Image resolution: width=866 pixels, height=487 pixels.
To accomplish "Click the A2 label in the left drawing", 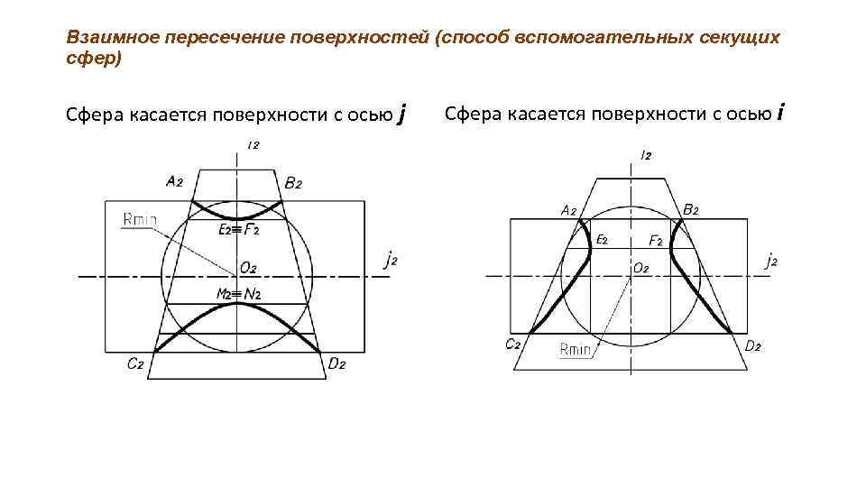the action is click(x=175, y=180).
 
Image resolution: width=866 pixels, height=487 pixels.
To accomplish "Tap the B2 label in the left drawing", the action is click(x=293, y=183).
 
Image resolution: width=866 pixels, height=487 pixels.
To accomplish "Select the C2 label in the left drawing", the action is click(x=136, y=364).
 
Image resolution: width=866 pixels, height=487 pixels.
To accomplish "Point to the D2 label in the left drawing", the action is click(x=337, y=364).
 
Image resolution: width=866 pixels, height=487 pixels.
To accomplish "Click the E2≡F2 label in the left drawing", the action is click(x=239, y=230).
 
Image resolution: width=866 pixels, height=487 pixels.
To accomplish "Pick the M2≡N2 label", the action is click(x=238, y=294).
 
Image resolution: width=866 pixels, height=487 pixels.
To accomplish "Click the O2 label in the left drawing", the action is click(x=247, y=268).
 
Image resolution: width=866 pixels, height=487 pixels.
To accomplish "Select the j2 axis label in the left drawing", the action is click(x=391, y=262).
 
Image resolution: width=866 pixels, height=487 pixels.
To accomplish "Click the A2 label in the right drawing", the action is click(x=568, y=210).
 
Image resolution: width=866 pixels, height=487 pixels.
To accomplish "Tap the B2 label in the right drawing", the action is click(x=691, y=209).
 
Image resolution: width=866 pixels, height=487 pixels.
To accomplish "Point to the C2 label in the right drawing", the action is click(x=513, y=344).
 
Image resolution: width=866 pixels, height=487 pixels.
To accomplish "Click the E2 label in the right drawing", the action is click(x=601, y=240).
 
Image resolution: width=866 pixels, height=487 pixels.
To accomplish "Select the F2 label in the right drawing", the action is click(x=656, y=241).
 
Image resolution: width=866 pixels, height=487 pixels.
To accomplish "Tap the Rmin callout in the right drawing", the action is click(x=576, y=349).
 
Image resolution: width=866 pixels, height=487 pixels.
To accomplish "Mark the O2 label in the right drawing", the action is click(x=640, y=268).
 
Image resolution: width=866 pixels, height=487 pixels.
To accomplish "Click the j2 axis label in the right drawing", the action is click(x=771, y=262).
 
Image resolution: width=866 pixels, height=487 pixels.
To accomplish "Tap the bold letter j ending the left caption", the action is click(x=401, y=115).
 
